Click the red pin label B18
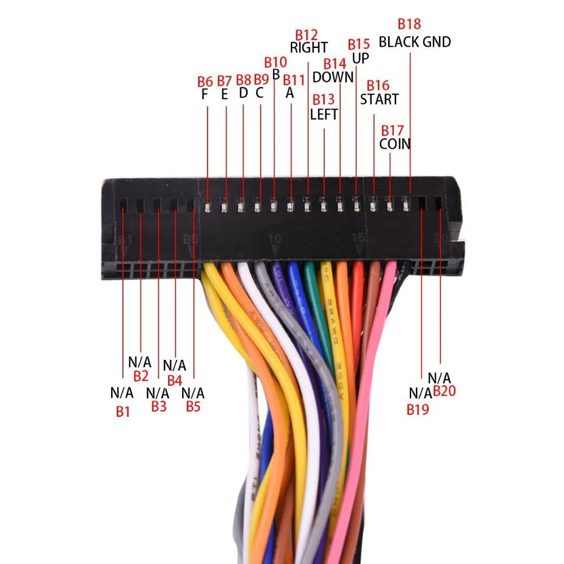(x=409, y=24)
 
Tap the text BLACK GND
(x=415, y=42)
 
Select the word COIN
(x=395, y=144)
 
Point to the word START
(x=380, y=100)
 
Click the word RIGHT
(x=309, y=48)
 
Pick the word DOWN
(x=333, y=77)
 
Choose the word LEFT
(x=324, y=114)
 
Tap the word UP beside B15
(x=361, y=58)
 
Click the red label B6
(x=205, y=81)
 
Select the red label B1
(x=123, y=412)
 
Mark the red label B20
(x=444, y=391)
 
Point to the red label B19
(x=418, y=409)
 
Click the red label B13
(x=324, y=100)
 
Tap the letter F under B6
(x=205, y=94)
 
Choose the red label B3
(x=159, y=407)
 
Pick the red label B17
(x=393, y=130)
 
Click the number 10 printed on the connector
(x=275, y=239)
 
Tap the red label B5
(x=193, y=406)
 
